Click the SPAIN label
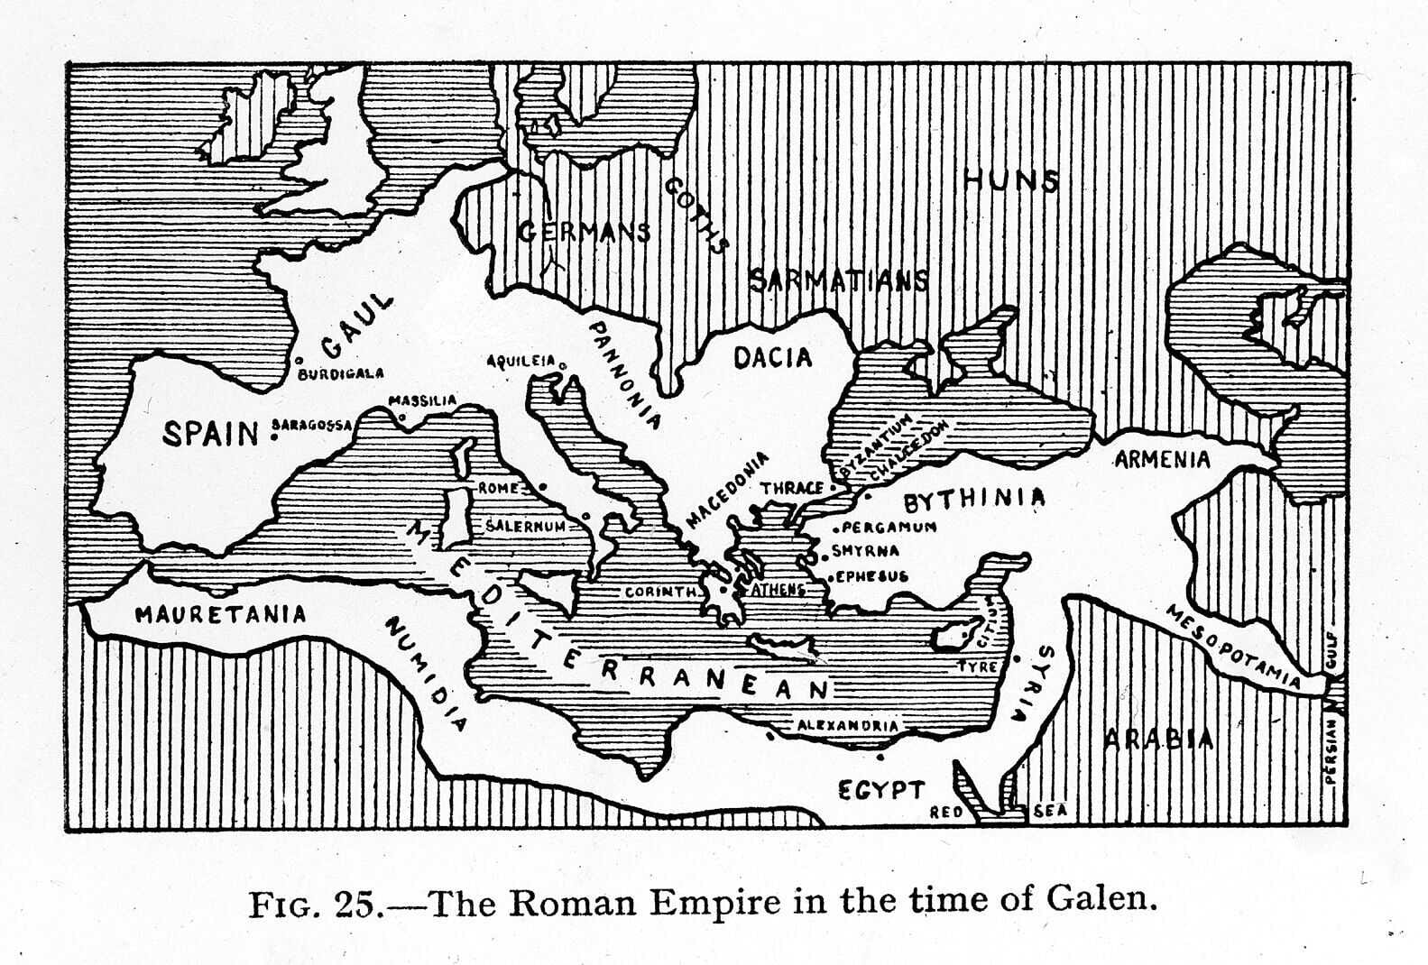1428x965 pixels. point(211,433)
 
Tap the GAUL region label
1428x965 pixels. point(358,326)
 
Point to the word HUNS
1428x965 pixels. point(1011,181)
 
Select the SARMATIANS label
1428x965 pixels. point(839,280)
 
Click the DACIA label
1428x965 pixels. point(772,358)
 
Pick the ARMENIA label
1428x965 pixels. point(1162,460)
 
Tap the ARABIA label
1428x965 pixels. point(1159,740)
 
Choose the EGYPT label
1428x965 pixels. point(881,791)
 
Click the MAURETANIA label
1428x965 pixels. point(221,615)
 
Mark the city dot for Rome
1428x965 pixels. point(543,487)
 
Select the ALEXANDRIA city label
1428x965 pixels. point(847,725)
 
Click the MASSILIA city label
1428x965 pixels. point(422,400)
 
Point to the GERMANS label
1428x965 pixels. point(585,232)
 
